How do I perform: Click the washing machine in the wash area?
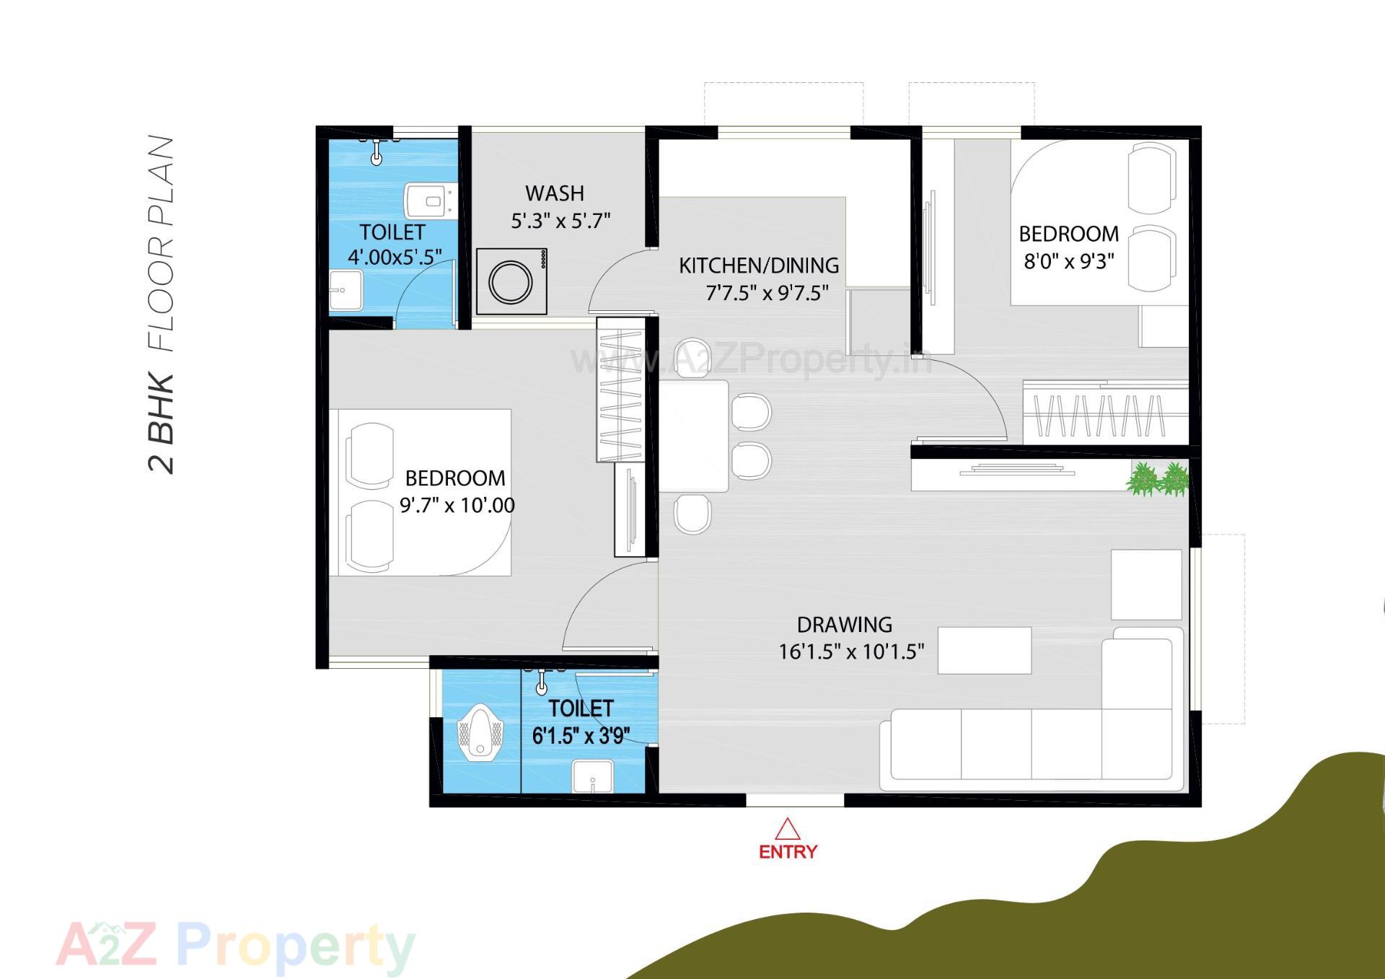pyautogui.click(x=511, y=282)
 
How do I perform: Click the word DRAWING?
pyautogui.click(x=844, y=625)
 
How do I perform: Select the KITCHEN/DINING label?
pyautogui.click(x=759, y=265)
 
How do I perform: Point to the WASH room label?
pyautogui.click(x=554, y=193)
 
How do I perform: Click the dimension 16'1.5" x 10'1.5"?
pyautogui.click(x=851, y=652)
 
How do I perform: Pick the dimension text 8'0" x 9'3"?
pyautogui.click(x=1069, y=261)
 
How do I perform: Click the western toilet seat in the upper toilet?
pyautogui.click(x=428, y=201)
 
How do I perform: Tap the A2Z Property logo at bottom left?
pyautogui.click(x=235, y=945)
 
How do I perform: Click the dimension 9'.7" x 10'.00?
pyautogui.click(x=457, y=505)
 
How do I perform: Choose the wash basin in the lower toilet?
pyautogui.click(x=592, y=778)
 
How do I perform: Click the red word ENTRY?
pyautogui.click(x=788, y=852)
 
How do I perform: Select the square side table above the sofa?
pyautogui.click(x=1146, y=584)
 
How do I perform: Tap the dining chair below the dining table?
pyautogui.click(x=692, y=514)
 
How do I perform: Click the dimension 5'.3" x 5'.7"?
pyautogui.click(x=560, y=221)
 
